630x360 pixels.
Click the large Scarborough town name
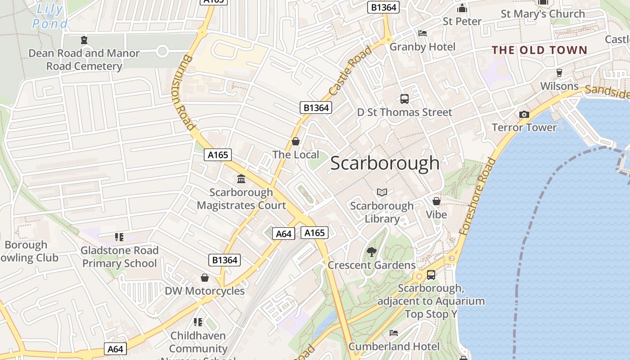pyautogui.click(x=385, y=163)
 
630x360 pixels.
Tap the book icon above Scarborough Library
pyautogui.click(x=382, y=193)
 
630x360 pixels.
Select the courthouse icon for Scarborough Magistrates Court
pyautogui.click(x=241, y=179)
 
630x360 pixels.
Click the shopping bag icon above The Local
pyautogui.click(x=296, y=142)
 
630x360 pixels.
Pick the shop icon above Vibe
pyautogui.click(x=436, y=201)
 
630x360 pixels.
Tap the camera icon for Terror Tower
pyautogui.click(x=524, y=115)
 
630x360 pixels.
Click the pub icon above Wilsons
pyautogui.click(x=559, y=72)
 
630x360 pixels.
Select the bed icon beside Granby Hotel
pyautogui.click(x=422, y=33)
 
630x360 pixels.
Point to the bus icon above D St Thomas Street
pyautogui.click(x=404, y=99)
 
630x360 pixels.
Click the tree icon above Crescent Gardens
pyautogui.click(x=371, y=252)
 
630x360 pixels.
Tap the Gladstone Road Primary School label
pyautogui.click(x=119, y=257)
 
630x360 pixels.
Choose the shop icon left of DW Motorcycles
pyautogui.click(x=205, y=278)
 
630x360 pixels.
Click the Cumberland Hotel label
pyautogui.click(x=394, y=346)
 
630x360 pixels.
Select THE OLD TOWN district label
pyautogui.click(x=540, y=50)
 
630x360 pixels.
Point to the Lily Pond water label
pyautogui.click(x=51, y=16)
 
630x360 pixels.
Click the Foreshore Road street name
pyautogui.click(x=477, y=196)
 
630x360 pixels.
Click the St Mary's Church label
pyautogui.click(x=543, y=14)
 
